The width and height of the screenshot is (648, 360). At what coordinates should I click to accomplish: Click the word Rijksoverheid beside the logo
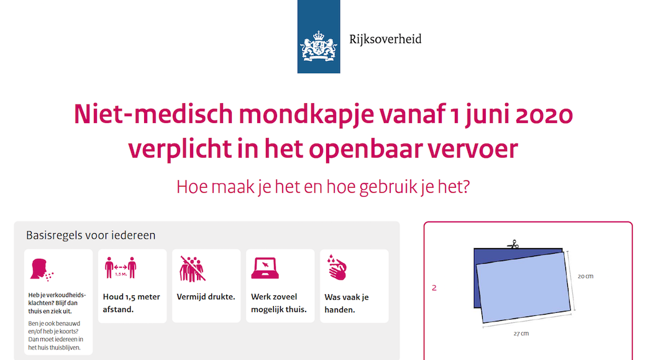385,39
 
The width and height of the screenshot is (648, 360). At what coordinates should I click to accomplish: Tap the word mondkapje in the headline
306,114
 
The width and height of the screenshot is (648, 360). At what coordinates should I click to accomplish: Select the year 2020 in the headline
544,114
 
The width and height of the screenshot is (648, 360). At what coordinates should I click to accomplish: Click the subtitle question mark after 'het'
466,187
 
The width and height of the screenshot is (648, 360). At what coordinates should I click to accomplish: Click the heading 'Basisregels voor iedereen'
91,235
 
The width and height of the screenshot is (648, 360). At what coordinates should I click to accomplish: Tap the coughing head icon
42,270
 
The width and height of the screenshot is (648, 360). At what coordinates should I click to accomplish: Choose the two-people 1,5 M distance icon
121,268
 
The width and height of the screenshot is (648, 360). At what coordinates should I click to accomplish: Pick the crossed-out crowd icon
192,269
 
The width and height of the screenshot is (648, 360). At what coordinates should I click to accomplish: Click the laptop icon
265,268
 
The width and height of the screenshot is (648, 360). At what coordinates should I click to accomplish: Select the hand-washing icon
337,268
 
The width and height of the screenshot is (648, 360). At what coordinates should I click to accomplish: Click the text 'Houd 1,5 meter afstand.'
132,303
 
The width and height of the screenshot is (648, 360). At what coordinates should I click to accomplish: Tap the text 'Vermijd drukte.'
206,297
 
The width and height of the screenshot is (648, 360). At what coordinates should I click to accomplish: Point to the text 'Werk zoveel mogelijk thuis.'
279,303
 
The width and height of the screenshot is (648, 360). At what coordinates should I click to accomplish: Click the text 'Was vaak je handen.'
346,303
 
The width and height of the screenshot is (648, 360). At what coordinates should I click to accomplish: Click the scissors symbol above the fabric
513,244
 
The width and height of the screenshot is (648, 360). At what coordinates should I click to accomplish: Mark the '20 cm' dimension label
585,277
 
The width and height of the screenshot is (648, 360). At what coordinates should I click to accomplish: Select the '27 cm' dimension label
521,333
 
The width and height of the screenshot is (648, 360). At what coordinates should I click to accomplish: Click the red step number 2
434,288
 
